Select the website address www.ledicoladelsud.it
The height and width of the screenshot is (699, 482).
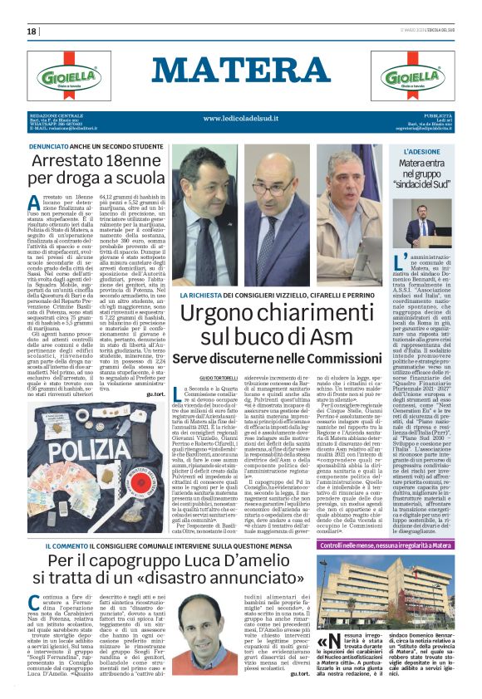[x=240, y=119]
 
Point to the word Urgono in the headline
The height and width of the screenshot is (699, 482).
[x=220, y=314]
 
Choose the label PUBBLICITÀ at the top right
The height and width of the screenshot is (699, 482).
[x=438, y=115]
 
